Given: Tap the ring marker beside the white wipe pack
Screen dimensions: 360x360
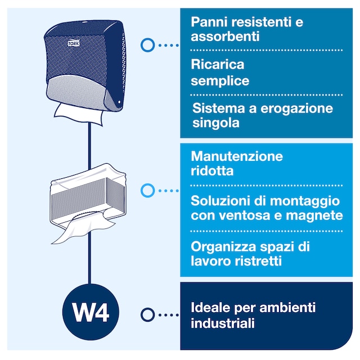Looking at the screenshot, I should (x=147, y=191).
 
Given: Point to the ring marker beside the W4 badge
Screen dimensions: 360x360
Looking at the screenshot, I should (x=147, y=314).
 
